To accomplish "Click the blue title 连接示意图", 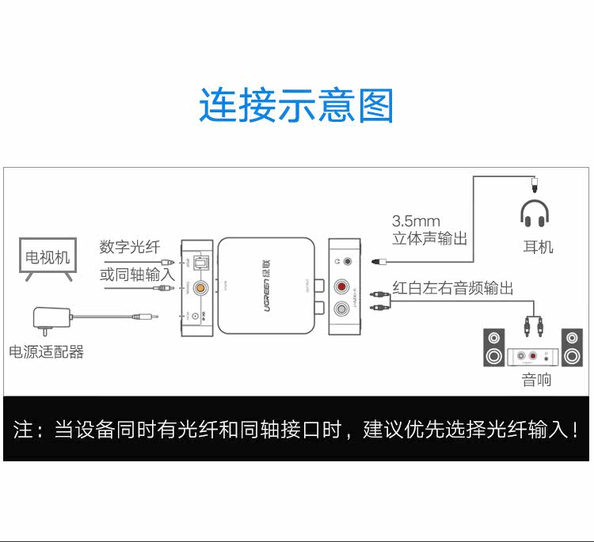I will (x=296, y=106).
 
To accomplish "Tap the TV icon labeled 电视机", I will (x=48, y=259).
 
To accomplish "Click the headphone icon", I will (x=535, y=212).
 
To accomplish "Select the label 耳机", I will (x=538, y=247).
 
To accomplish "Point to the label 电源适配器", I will (x=46, y=352).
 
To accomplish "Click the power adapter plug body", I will (x=48, y=317).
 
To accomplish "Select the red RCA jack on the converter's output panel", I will (x=343, y=286).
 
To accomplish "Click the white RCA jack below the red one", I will (x=343, y=309).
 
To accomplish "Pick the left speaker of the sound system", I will (x=494, y=347).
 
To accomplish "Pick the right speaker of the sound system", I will (x=572, y=347).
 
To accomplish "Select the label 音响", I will (x=536, y=381).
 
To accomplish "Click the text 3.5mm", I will (x=416, y=221).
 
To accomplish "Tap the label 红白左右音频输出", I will (x=453, y=288).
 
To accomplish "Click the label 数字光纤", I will (x=130, y=247).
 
